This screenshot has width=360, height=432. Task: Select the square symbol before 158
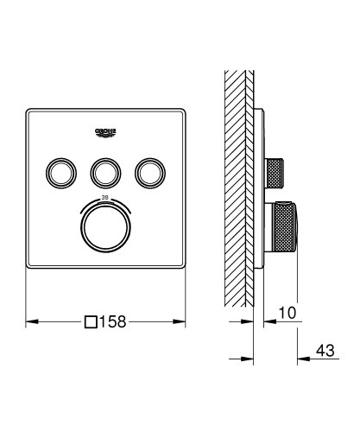[90, 321]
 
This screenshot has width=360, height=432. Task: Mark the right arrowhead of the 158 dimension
[183, 321]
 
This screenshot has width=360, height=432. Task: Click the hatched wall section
[237, 173]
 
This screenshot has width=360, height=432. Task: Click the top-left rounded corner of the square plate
[30, 111]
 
